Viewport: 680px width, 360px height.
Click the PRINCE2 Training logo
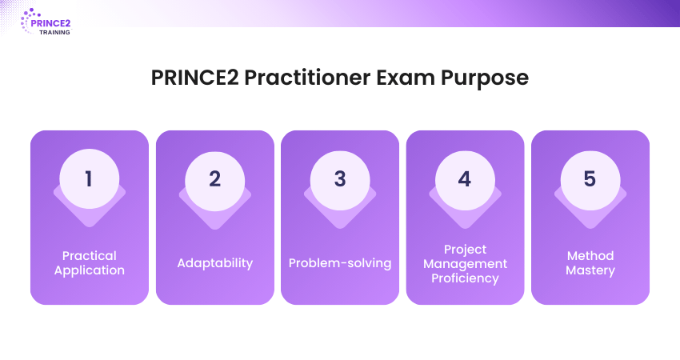pyautogui.click(x=46, y=22)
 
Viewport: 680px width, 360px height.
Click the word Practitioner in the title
pyautogui.click(x=307, y=78)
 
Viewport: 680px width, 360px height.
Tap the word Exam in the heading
pyautogui.click(x=406, y=78)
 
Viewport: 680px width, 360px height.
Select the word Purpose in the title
pyautogui.click(x=485, y=79)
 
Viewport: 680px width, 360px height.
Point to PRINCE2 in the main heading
pyautogui.click(x=194, y=78)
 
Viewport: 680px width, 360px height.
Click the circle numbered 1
pyautogui.click(x=90, y=178)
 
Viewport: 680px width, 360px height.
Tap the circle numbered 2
pyautogui.click(x=214, y=181)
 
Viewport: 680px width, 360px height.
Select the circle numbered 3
pyautogui.click(x=340, y=181)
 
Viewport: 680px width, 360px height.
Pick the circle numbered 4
pyautogui.click(x=465, y=181)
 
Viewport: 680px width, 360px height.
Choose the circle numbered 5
pyautogui.click(x=590, y=181)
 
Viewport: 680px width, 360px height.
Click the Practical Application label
pyautogui.click(x=90, y=263)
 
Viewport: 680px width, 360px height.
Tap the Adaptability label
pyautogui.click(x=214, y=263)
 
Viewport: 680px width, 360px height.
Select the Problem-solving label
pyautogui.click(x=340, y=263)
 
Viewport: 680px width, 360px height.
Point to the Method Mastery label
pyautogui.click(x=590, y=263)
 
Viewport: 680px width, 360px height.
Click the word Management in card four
pyautogui.click(x=465, y=264)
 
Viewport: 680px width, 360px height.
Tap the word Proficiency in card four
pyautogui.click(x=465, y=278)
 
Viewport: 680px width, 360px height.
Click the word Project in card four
pyautogui.click(x=465, y=250)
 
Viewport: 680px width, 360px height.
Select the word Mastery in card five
pyautogui.click(x=590, y=270)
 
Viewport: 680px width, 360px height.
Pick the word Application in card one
pyautogui.click(x=90, y=270)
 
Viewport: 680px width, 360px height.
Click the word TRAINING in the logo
pyautogui.click(x=54, y=33)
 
